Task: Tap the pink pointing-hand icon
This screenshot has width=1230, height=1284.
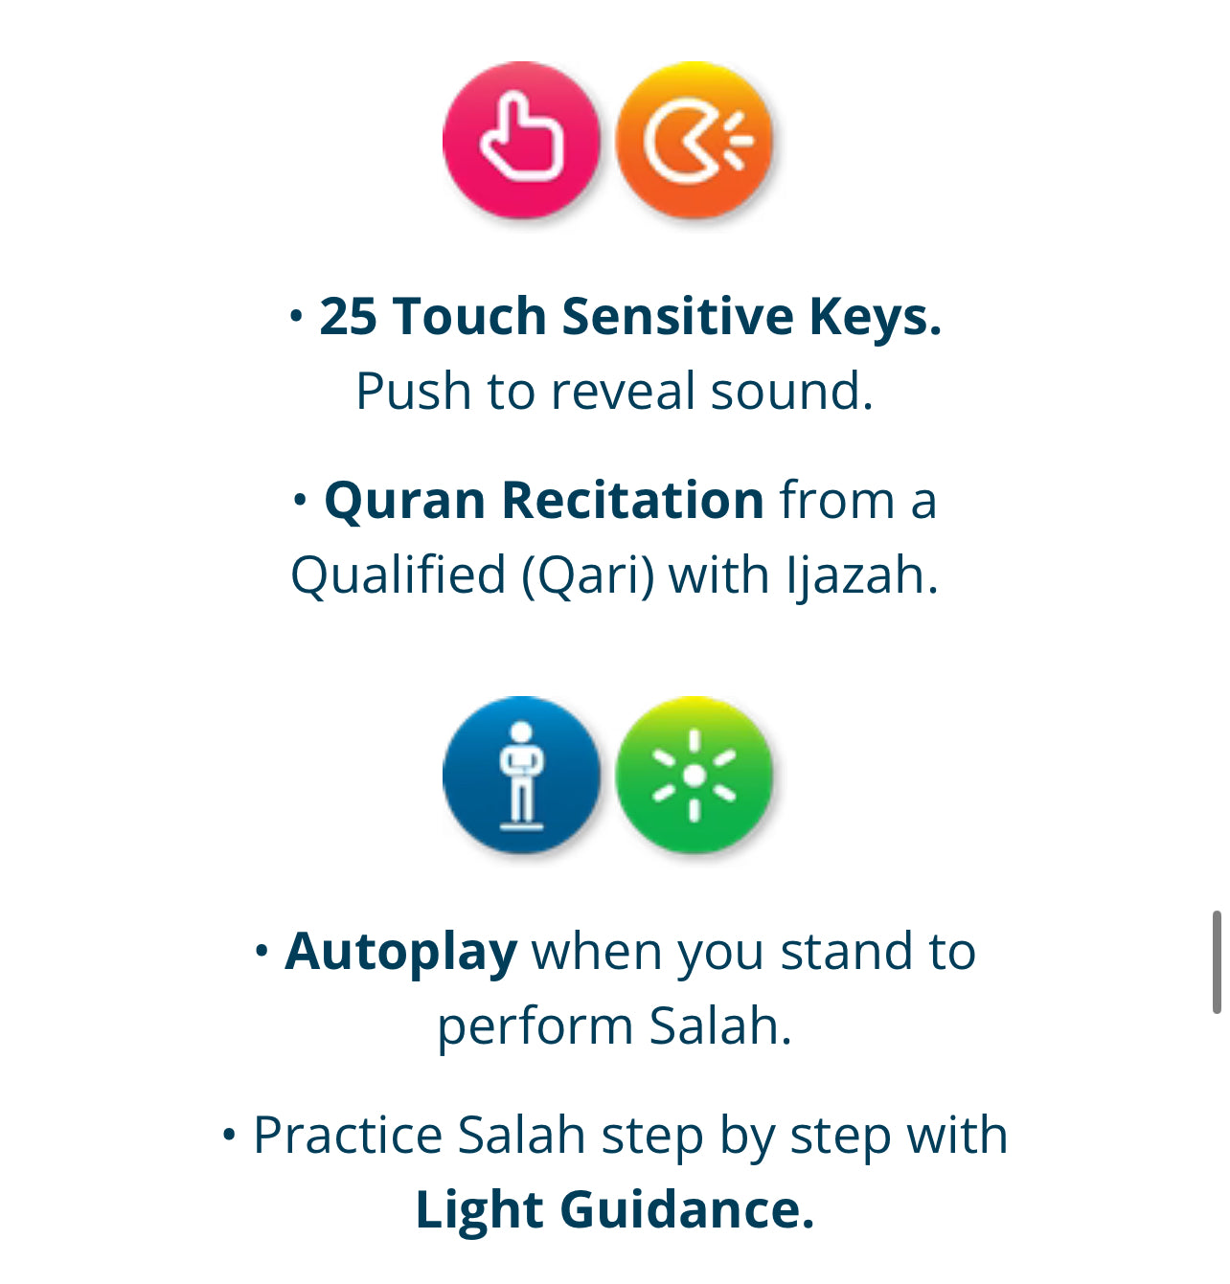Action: click(x=521, y=140)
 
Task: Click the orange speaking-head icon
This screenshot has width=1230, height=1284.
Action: click(x=695, y=140)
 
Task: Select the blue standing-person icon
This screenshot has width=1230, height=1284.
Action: click(x=521, y=775)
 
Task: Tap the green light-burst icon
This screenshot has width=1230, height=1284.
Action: click(x=695, y=775)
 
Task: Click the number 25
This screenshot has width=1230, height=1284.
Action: click(x=348, y=317)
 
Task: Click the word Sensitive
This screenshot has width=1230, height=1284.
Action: click(x=677, y=317)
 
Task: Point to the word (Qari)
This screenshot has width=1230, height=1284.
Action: click(x=587, y=575)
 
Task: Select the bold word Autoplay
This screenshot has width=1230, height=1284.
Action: click(x=401, y=953)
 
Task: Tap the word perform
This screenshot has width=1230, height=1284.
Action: click(x=535, y=1026)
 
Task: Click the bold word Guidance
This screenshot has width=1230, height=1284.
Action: click(x=687, y=1209)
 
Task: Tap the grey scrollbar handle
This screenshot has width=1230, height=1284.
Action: click(x=1217, y=962)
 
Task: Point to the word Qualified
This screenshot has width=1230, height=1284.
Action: click(x=399, y=575)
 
